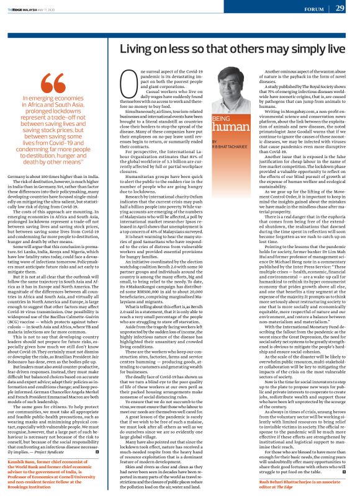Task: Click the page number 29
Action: tap(340, 8)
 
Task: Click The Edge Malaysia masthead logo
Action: tap(23, 7)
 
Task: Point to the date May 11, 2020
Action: tap(56, 7)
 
